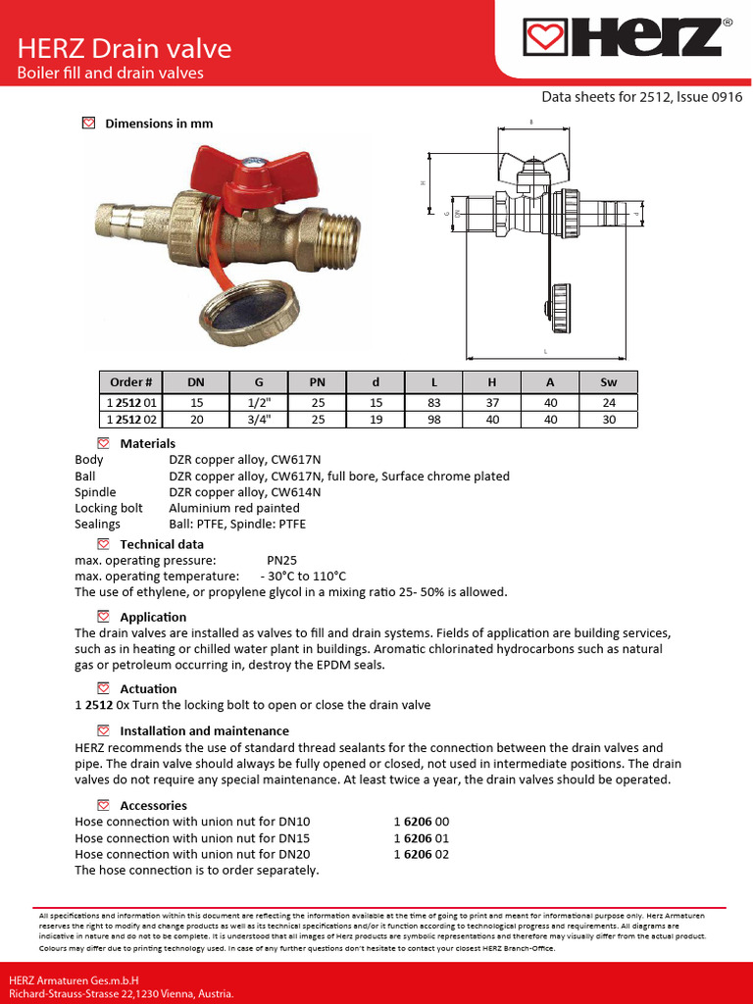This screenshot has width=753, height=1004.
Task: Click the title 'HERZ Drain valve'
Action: pos(125,48)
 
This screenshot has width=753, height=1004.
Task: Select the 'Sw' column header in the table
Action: pos(608,382)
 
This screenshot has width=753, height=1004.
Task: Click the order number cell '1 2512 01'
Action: pos(131,402)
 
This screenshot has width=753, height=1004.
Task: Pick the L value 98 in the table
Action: pos(433,420)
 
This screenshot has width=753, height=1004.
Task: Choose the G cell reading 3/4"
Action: pos(258,420)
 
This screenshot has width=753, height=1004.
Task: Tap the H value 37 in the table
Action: pos(492,402)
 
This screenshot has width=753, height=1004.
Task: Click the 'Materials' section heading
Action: pos(147,444)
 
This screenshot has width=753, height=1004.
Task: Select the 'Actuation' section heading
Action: pos(148,689)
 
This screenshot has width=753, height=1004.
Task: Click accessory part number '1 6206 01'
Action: pos(421,838)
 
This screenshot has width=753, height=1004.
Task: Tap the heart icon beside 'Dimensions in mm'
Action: pos(88,124)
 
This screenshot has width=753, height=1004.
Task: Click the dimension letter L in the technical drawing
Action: pos(544,350)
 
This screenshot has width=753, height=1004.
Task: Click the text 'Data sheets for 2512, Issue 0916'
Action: pos(641,97)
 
